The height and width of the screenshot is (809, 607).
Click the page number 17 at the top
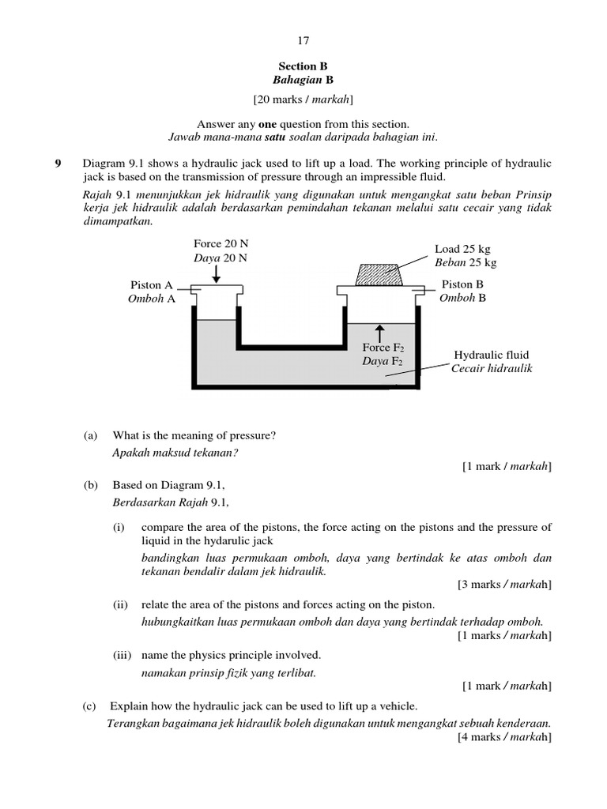303,39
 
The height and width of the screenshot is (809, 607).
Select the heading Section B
303,67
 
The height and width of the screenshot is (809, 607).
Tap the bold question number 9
57,164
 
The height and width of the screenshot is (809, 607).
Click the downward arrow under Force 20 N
217,273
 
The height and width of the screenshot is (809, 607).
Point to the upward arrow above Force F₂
380,332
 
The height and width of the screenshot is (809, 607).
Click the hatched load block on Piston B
379,274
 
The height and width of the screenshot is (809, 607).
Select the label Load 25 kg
462,249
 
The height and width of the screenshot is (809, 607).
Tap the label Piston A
152,285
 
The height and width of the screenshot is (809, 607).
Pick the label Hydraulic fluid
491,356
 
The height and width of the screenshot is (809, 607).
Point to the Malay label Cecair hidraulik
492,369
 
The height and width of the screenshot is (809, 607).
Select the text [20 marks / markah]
303,100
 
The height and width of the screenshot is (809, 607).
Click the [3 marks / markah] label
504,585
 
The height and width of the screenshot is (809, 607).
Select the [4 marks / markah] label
504,737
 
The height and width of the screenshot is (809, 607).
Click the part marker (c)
91,706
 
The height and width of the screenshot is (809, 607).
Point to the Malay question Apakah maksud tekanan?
175,453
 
